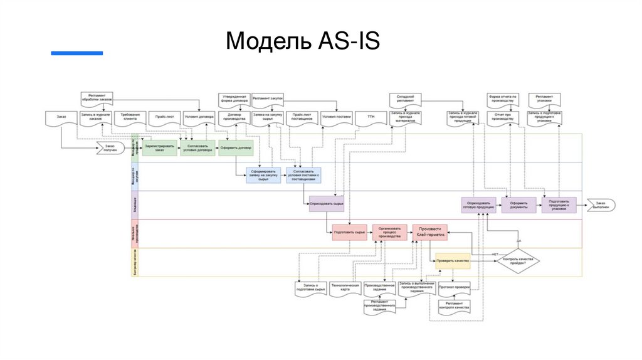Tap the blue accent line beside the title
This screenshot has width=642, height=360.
76,53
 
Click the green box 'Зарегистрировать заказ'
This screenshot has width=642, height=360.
159,148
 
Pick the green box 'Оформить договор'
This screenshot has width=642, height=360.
236,148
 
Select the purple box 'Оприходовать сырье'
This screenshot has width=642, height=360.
327,204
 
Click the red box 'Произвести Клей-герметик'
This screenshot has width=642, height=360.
429,231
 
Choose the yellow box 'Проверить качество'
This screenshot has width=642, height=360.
453,260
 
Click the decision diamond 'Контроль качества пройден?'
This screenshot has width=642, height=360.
518,260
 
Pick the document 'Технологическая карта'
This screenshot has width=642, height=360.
344,287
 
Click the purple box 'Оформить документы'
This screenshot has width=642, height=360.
518,204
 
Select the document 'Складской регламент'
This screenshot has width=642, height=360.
405,98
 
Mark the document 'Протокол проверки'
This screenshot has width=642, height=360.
454,287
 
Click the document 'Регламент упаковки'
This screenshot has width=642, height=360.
544,98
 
